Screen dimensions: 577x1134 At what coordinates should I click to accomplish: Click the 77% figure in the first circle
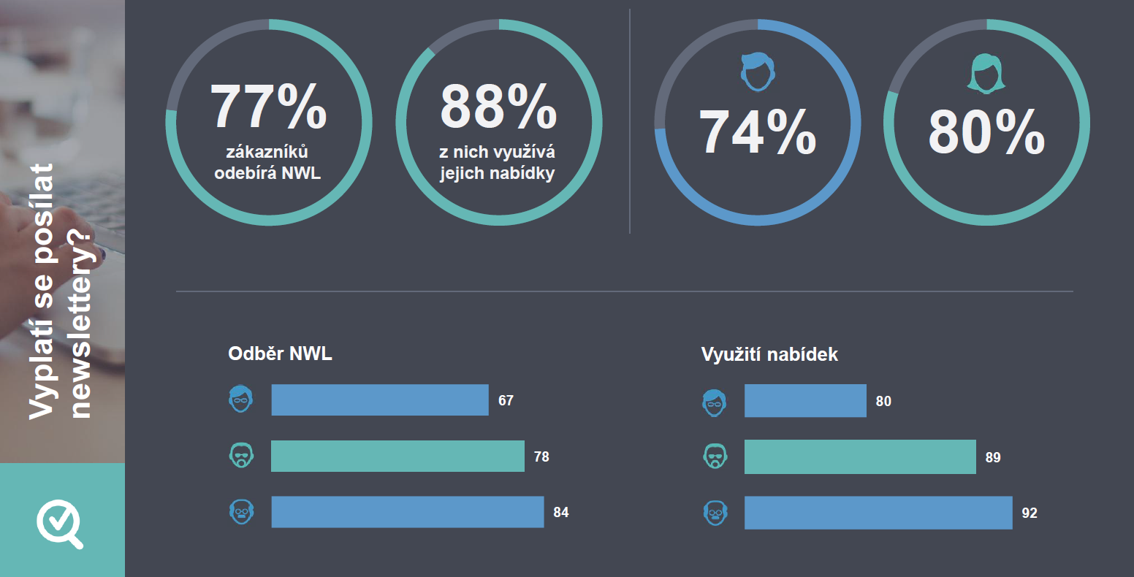click(268, 107)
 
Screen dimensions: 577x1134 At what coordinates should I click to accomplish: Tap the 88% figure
click(498, 107)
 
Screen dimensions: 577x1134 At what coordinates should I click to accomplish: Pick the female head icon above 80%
click(986, 73)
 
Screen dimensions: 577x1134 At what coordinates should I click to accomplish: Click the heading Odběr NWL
click(281, 354)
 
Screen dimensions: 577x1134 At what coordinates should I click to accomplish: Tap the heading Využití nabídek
click(769, 355)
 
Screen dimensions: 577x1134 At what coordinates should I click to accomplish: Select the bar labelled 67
click(380, 400)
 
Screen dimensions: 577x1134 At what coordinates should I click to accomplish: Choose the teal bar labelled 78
click(397, 456)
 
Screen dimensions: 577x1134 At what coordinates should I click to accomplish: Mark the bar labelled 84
click(408, 512)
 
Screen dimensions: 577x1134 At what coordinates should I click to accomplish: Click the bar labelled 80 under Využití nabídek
click(805, 401)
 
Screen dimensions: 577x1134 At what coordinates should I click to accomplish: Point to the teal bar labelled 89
click(860, 457)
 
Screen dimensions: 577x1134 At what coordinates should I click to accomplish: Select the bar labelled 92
click(878, 513)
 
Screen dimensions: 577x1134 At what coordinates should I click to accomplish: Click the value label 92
click(1030, 513)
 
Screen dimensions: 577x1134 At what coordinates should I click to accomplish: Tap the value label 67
click(506, 401)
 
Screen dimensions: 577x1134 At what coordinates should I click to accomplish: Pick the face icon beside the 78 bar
click(241, 456)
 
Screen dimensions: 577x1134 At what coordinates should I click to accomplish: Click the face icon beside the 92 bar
click(715, 513)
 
